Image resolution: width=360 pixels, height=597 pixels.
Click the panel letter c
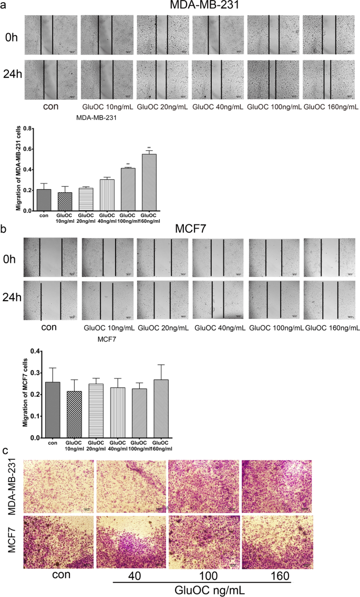[x=5, y=450]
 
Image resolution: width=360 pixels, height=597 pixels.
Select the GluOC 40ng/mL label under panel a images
[x=217, y=107]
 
